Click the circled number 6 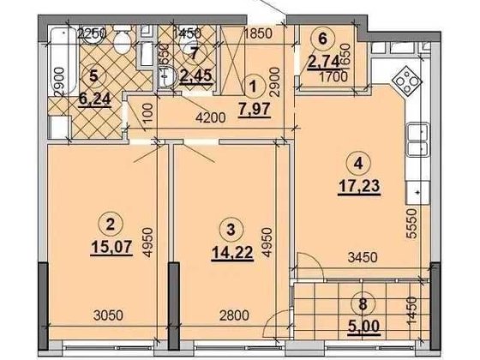[321, 38]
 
